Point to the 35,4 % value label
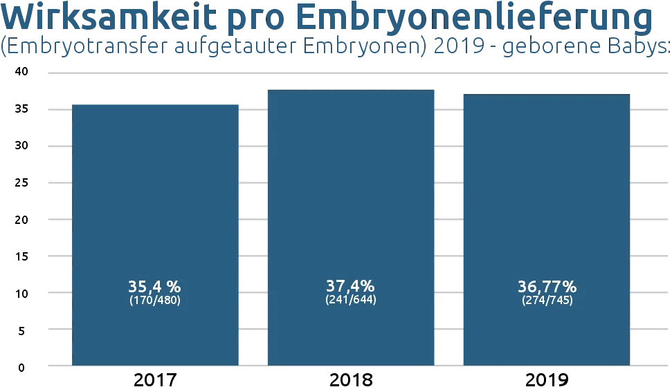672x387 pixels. click(154, 286)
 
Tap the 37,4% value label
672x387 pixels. click(350, 285)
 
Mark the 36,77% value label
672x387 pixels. click(547, 286)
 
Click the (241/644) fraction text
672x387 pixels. click(351, 301)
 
